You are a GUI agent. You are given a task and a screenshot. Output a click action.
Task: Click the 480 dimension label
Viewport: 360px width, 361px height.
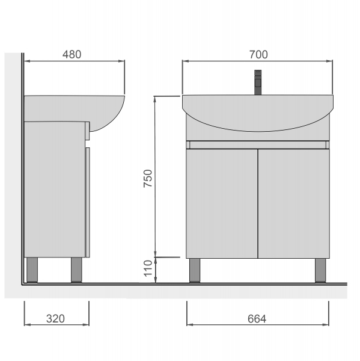[72, 55]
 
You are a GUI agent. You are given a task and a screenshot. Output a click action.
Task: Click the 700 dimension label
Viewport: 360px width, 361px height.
[258, 55]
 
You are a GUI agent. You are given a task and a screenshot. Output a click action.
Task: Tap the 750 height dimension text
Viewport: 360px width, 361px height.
[148, 179]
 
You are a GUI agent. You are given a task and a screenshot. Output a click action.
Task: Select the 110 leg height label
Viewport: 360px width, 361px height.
[148, 268]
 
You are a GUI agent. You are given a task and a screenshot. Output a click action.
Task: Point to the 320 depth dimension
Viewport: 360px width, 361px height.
[55, 319]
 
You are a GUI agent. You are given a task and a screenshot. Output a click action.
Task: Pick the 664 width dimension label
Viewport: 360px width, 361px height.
[257, 319]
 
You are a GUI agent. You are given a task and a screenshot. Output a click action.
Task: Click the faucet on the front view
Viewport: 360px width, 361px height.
[258, 82]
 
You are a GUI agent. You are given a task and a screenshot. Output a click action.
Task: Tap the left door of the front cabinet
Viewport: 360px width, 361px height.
[222, 203]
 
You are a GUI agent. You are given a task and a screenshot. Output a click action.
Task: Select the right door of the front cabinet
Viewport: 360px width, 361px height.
[294, 203]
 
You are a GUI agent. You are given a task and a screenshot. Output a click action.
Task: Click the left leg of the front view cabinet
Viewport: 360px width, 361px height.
[195, 270]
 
